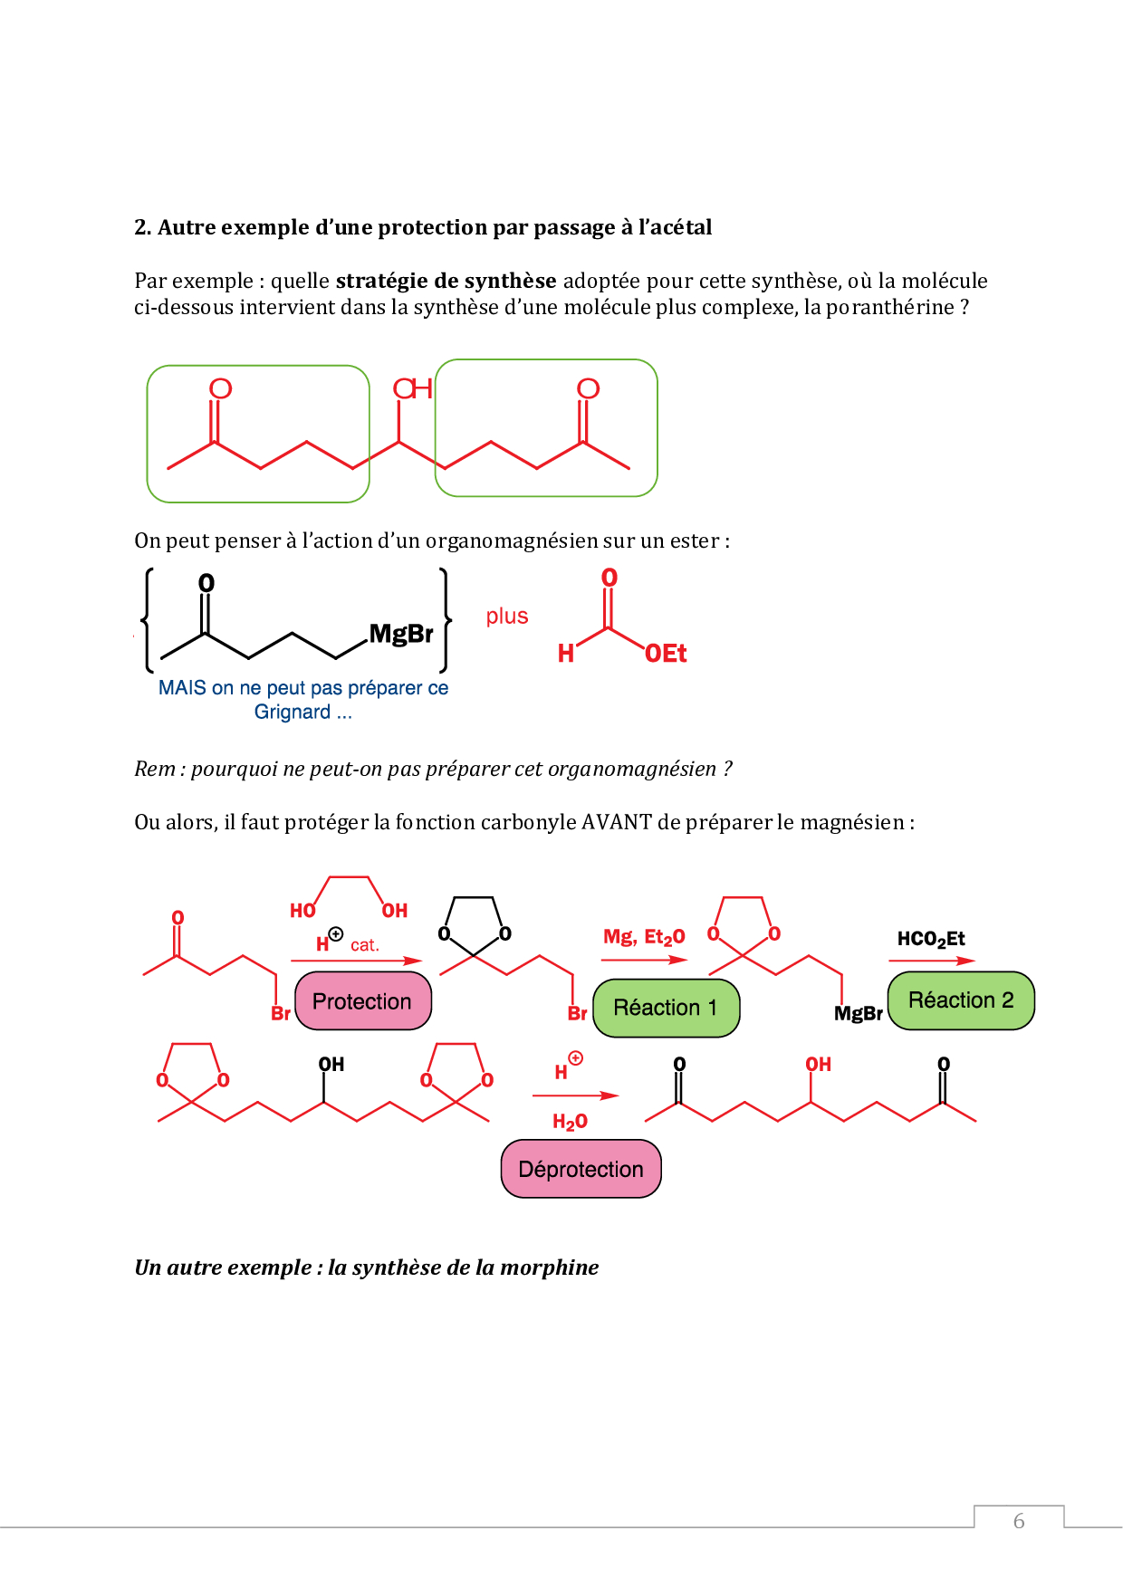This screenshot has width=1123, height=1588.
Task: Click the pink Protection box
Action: (x=363, y=1000)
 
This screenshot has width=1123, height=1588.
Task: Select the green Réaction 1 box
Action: (x=666, y=1008)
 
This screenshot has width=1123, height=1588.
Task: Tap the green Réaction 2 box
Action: (x=961, y=1000)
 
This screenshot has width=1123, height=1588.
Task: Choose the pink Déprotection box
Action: (x=581, y=1169)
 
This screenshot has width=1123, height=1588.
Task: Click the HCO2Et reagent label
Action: (x=931, y=939)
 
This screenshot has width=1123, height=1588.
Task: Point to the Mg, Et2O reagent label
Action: (x=644, y=937)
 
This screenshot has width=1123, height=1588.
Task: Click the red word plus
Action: (x=507, y=617)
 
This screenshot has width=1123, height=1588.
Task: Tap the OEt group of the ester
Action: (x=666, y=654)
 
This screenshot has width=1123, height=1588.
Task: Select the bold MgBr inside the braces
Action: (x=401, y=633)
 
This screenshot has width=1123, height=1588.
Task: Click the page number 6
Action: (x=1019, y=1521)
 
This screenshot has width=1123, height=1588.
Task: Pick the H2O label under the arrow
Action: (x=570, y=1122)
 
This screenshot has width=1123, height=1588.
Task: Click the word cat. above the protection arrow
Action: (x=365, y=945)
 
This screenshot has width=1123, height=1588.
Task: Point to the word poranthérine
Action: (x=890, y=307)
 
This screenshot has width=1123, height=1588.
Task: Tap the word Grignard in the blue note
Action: (x=293, y=713)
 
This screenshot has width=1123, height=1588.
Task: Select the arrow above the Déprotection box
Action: (x=575, y=1095)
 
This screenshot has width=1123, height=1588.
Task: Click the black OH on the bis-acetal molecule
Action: (x=331, y=1065)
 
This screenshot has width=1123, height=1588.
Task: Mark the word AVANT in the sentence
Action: (x=617, y=822)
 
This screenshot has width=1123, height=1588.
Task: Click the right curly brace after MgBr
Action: (x=445, y=621)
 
